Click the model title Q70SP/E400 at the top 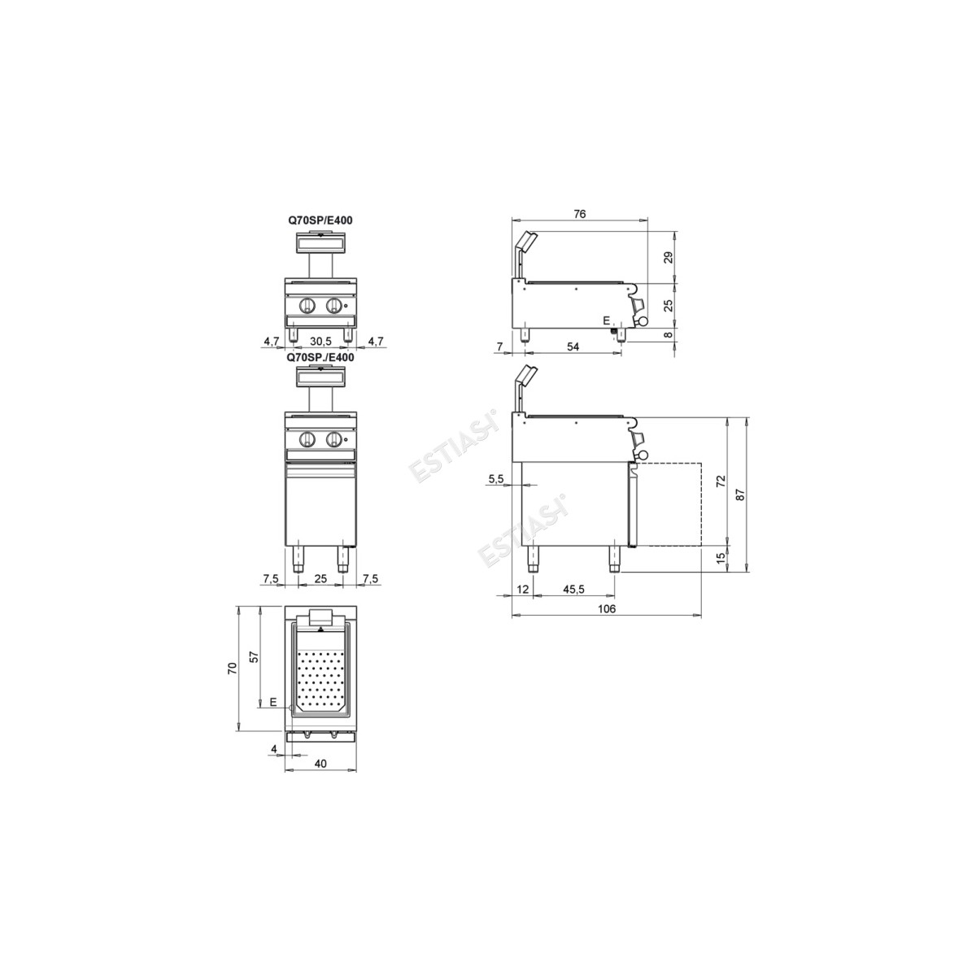pyautogui.click(x=320, y=220)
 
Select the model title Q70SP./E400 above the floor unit pyautogui.click(x=320, y=357)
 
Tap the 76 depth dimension pyautogui.click(x=579, y=214)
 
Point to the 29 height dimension pyautogui.click(x=669, y=257)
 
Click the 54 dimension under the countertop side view pyautogui.click(x=573, y=346)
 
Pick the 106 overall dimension pyautogui.click(x=607, y=609)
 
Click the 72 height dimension pyautogui.click(x=721, y=481)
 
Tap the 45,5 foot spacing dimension pyautogui.click(x=574, y=589)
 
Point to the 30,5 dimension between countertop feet pyautogui.click(x=320, y=342)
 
